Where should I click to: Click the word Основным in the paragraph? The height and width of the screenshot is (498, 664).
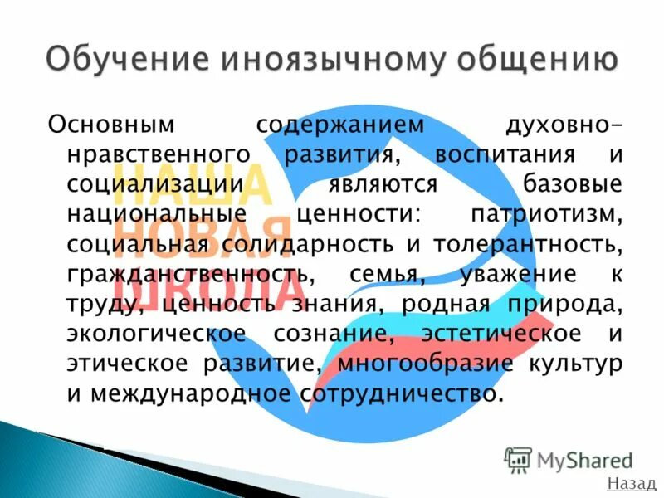112,125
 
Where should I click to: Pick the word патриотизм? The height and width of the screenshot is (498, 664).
545,214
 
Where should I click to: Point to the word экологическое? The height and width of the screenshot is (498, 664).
156,334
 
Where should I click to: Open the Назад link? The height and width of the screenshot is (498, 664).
631,484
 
